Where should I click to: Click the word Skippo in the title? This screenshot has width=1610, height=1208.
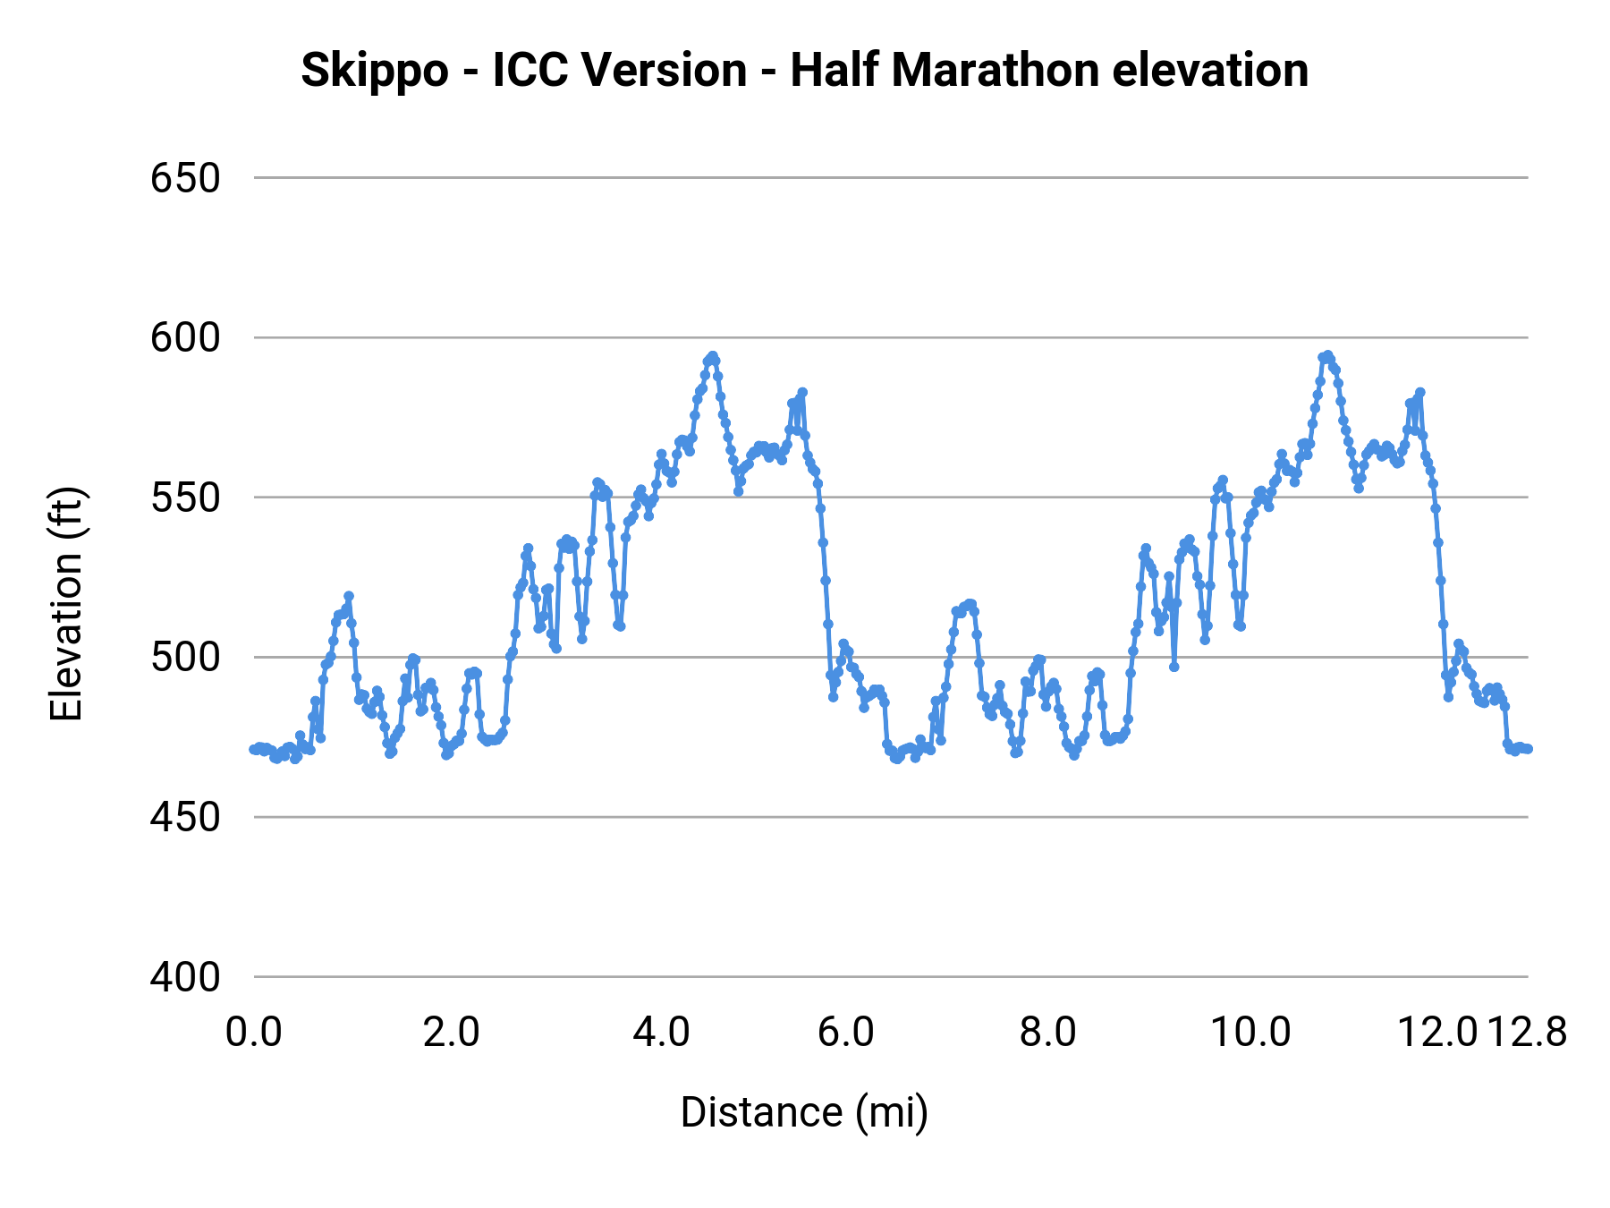[374, 71]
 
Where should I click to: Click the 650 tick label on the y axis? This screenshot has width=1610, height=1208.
[185, 178]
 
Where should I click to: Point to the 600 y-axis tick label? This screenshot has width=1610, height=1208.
[185, 338]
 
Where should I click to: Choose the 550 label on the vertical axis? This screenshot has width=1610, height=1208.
[185, 498]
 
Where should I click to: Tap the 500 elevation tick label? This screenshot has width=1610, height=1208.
[185, 658]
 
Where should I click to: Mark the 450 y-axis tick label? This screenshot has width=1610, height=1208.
[185, 817]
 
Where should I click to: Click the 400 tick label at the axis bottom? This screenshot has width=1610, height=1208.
[185, 977]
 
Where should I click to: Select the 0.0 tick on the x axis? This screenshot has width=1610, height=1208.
[254, 1033]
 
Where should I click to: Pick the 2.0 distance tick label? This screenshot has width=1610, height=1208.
[452, 1033]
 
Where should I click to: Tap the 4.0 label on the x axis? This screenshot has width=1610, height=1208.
[661, 1033]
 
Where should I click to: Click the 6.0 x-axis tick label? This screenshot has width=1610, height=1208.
[846, 1033]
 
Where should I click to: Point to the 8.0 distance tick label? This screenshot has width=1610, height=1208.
[1048, 1033]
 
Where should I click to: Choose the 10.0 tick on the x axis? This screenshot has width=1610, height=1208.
[1250, 1033]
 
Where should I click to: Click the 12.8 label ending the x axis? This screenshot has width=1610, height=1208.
[1528, 1033]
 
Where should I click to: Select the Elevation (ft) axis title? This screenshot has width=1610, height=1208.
[67, 604]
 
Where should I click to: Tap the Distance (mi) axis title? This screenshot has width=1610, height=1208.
[804, 1112]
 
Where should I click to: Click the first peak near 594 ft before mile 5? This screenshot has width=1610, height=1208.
[712, 356]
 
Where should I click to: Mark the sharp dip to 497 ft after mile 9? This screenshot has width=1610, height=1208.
[1174, 667]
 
